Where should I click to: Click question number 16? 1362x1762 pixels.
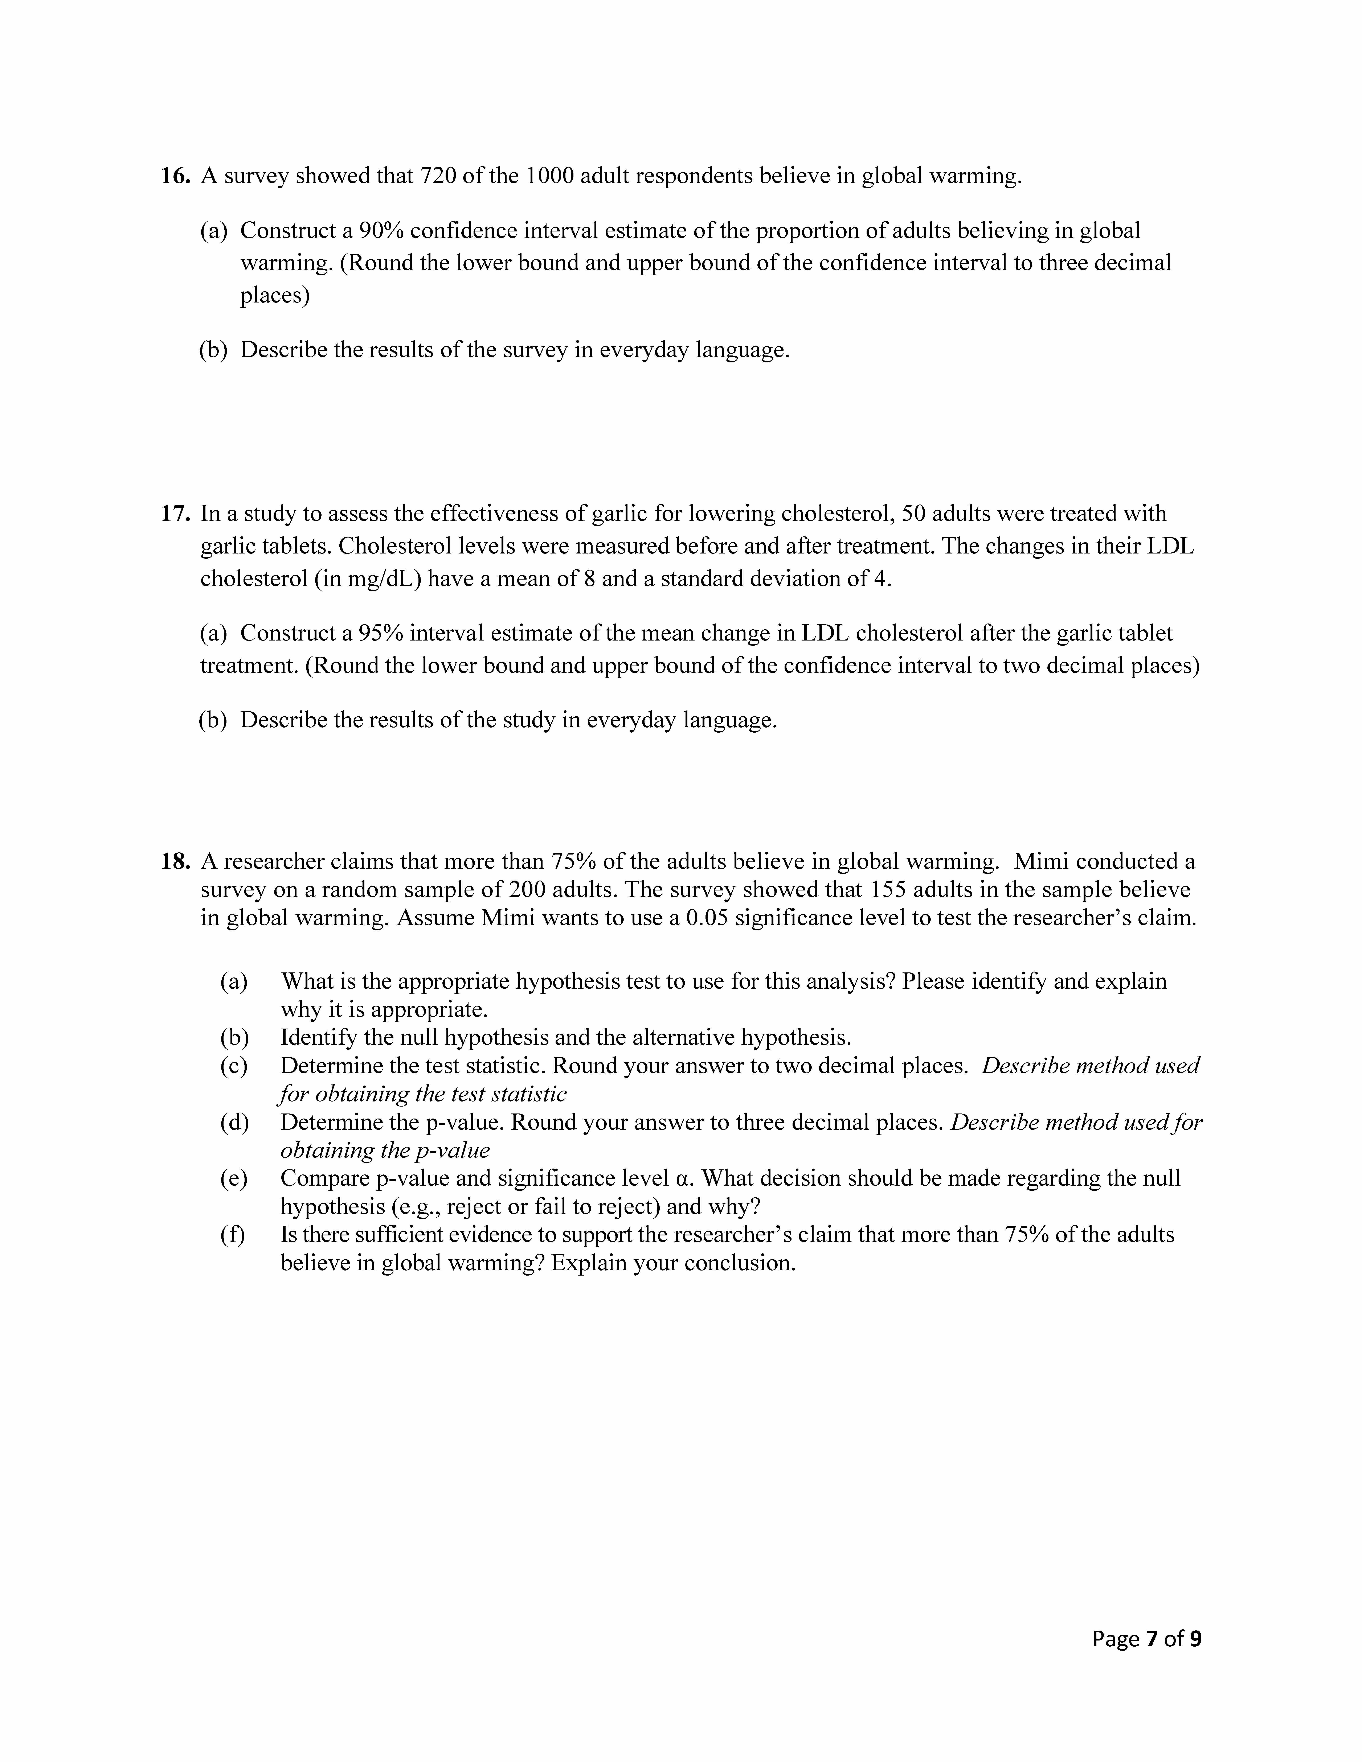tap(174, 176)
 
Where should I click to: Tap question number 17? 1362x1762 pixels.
tap(174, 514)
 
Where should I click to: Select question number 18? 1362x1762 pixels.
tap(174, 862)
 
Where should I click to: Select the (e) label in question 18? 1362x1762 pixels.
tap(234, 1179)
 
